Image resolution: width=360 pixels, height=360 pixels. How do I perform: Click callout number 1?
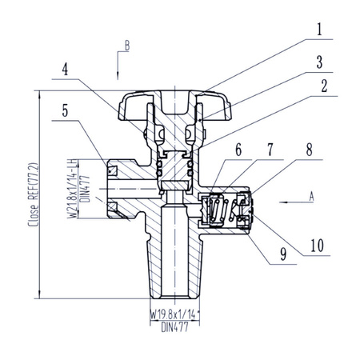coord(319,30)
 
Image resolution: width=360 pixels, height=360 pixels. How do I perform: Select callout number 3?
coord(319,62)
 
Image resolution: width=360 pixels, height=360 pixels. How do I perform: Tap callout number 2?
coord(324,86)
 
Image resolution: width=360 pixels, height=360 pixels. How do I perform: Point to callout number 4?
coord(65,70)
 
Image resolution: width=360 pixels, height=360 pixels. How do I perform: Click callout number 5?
coord(66,110)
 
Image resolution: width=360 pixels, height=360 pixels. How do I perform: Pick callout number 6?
coord(238,150)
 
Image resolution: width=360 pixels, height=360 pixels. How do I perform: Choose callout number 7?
coord(270,150)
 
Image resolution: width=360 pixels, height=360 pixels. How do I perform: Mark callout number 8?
coord(309,150)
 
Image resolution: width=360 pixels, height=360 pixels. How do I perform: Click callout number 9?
coord(283,254)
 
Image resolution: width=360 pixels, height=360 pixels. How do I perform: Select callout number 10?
coord(317,246)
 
